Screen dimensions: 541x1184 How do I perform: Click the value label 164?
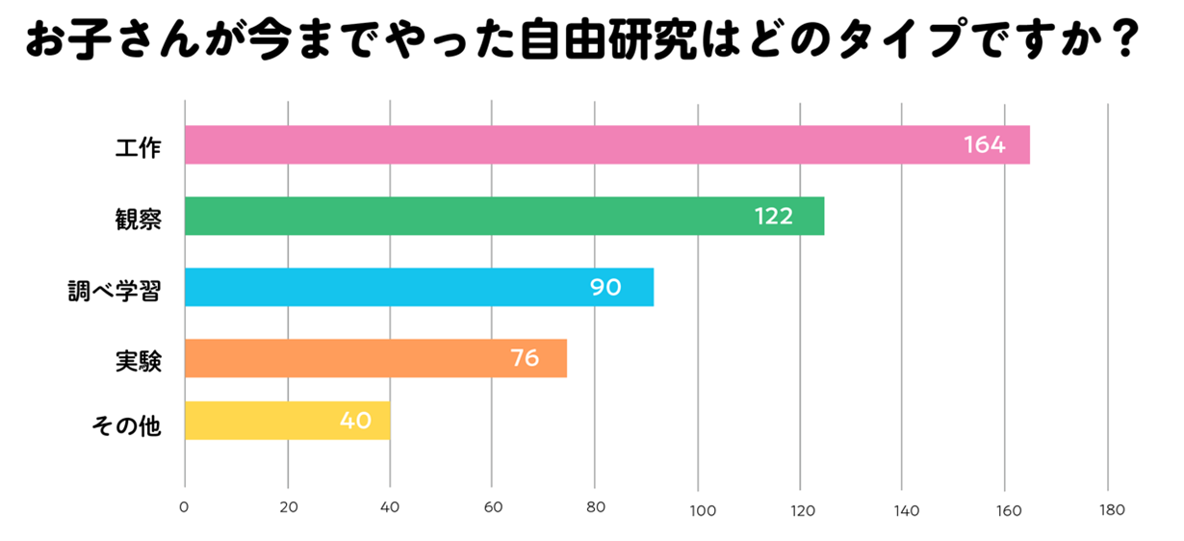(x=984, y=145)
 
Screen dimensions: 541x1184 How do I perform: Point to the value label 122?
(x=773, y=217)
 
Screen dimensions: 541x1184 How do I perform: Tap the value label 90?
(x=605, y=287)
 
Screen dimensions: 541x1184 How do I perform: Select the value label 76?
(x=525, y=358)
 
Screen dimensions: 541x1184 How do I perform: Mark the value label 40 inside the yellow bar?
(x=355, y=421)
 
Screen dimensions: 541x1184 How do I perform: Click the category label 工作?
(x=138, y=147)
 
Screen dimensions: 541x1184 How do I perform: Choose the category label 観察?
(x=138, y=219)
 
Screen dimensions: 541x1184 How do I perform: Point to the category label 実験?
(x=138, y=361)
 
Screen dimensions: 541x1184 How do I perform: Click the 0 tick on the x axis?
(x=184, y=509)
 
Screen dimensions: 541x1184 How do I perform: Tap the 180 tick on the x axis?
(x=1111, y=509)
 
